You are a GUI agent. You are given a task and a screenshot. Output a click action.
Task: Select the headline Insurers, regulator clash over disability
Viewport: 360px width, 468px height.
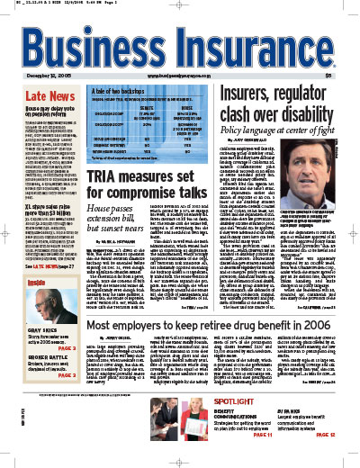[x=288, y=91]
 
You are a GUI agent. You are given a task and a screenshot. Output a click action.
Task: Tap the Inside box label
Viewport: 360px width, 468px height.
[x=28, y=282]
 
